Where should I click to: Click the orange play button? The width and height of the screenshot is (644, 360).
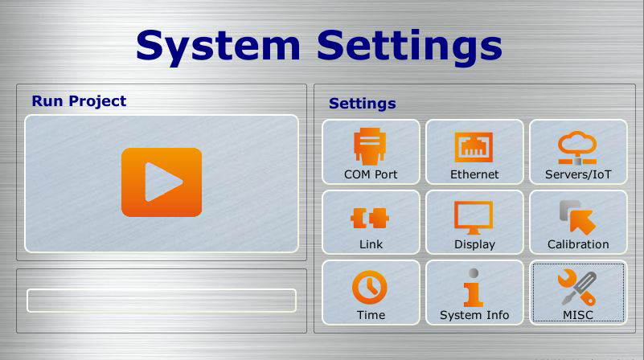162,182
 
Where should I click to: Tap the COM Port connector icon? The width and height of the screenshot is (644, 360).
370,146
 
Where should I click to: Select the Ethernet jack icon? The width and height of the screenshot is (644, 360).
474,147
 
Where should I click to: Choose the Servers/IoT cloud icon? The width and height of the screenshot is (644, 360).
577,148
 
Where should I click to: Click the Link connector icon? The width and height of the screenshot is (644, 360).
370,218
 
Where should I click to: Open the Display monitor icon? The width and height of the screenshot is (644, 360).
474,218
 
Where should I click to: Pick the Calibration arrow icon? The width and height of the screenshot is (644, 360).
577,218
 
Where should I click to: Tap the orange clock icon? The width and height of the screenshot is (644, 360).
370,288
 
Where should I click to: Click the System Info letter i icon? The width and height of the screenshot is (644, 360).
474,288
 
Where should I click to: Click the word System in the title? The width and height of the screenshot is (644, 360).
218,47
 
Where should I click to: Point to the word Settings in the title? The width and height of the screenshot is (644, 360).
409,47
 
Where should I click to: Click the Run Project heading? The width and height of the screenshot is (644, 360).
79,101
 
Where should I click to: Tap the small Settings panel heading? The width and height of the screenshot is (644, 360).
363,104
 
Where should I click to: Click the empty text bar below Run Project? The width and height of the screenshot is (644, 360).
162,301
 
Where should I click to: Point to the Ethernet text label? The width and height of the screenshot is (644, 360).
474,174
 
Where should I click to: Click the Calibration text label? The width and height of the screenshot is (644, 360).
578,244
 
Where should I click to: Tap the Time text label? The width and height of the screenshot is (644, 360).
371,315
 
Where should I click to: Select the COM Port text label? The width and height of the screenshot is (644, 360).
371,174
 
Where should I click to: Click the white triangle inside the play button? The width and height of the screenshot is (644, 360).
161,182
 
